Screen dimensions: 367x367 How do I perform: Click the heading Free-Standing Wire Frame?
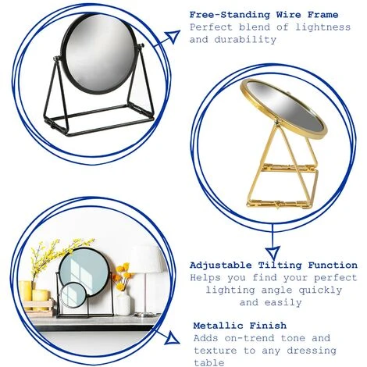pos(264,15)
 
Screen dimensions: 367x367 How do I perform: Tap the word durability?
pos(245,40)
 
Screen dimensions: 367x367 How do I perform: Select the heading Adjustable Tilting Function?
pos(273,265)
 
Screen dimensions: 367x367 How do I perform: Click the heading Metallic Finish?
pos(240,326)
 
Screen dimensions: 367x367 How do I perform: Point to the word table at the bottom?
pos(209,362)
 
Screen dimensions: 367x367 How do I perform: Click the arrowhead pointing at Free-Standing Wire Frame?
pos(173,36)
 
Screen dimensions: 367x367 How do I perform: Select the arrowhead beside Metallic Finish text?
pos(172,338)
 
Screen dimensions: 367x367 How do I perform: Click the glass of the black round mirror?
pos(99,52)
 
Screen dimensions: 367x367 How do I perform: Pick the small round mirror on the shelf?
pos(73,296)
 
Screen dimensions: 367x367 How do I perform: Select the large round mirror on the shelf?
pos(84,271)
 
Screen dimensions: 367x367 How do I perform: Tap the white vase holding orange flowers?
pos(123,302)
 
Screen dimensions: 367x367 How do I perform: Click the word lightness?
pos(322,27)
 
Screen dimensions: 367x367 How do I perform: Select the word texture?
pos(216,351)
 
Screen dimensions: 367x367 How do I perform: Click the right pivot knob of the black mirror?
pos(142,46)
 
